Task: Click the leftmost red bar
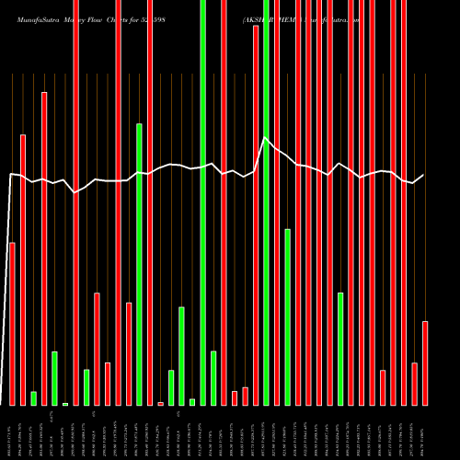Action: [x=12, y=322]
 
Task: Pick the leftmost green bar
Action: [x=34, y=397]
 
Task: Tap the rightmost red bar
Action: [x=425, y=362]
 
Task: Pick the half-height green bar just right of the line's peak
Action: [x=288, y=316]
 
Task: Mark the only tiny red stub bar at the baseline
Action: [x=160, y=403]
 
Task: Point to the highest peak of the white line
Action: [x=266, y=138]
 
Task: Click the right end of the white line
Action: [x=424, y=175]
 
